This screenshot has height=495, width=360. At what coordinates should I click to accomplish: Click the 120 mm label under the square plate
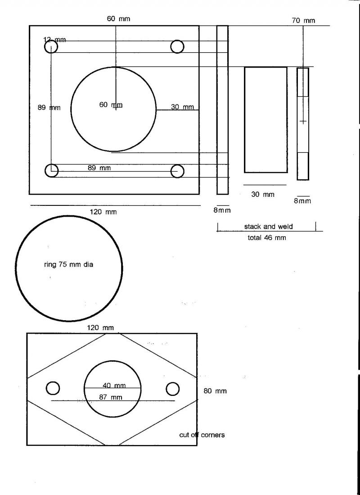click(x=103, y=212)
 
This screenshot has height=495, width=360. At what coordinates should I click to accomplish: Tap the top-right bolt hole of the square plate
click(x=177, y=46)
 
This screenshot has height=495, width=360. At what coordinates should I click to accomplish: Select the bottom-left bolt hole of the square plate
click(x=52, y=170)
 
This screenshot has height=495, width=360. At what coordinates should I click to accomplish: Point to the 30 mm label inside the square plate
click(x=182, y=107)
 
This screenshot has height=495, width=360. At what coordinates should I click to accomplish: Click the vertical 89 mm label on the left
click(x=49, y=108)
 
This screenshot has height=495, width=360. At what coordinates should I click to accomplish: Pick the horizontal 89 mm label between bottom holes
click(x=99, y=168)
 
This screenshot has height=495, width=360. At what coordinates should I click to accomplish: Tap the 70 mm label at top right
click(x=303, y=20)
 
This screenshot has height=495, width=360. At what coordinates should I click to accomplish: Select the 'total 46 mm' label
click(x=267, y=237)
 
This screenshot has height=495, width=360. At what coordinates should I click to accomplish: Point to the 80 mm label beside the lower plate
click(x=215, y=391)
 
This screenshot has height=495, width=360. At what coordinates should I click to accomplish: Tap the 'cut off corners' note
click(x=202, y=435)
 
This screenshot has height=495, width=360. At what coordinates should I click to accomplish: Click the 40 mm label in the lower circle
click(x=113, y=386)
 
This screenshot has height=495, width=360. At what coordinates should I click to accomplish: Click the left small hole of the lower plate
click(x=53, y=388)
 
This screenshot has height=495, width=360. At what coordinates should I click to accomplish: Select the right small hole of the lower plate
click(x=173, y=389)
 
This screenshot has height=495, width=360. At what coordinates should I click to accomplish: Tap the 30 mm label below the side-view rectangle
click(x=262, y=195)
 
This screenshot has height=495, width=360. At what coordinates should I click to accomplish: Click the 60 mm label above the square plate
click(x=118, y=19)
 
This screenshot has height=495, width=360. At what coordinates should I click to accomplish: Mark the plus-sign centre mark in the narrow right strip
click(x=303, y=121)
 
